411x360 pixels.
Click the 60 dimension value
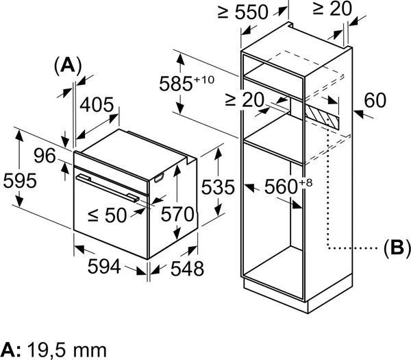click(375, 101)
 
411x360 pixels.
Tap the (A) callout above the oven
click(67, 65)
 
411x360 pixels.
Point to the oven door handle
click(108, 187)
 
